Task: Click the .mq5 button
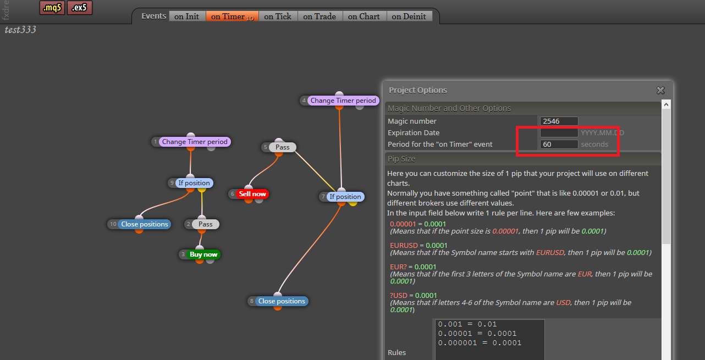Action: pyautogui.click(x=52, y=8)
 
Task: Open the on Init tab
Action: pyautogui.click(x=187, y=16)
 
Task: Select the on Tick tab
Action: pyautogui.click(x=278, y=16)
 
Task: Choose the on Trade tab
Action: pyautogui.click(x=320, y=16)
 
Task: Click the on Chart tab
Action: pyautogui.click(x=364, y=16)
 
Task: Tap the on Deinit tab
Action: pyautogui.click(x=409, y=16)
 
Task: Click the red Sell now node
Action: pyautogui.click(x=252, y=194)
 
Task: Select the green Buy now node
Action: pyautogui.click(x=203, y=254)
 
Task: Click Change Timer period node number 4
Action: pyautogui.click(x=343, y=101)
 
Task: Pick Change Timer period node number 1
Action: pyautogui.click(x=195, y=142)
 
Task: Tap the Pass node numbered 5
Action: pyautogui.click(x=282, y=147)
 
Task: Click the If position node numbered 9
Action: pyautogui.click(x=194, y=183)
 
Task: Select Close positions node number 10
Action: pyautogui.click(x=145, y=224)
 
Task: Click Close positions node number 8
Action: pyautogui.click(x=282, y=301)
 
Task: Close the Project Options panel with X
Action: pyautogui.click(x=660, y=91)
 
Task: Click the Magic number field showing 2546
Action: pyautogui.click(x=559, y=121)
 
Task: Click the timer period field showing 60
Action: pyautogui.click(x=559, y=144)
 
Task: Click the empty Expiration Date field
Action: pyautogui.click(x=559, y=132)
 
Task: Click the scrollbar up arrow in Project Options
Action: pyautogui.click(x=666, y=104)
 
